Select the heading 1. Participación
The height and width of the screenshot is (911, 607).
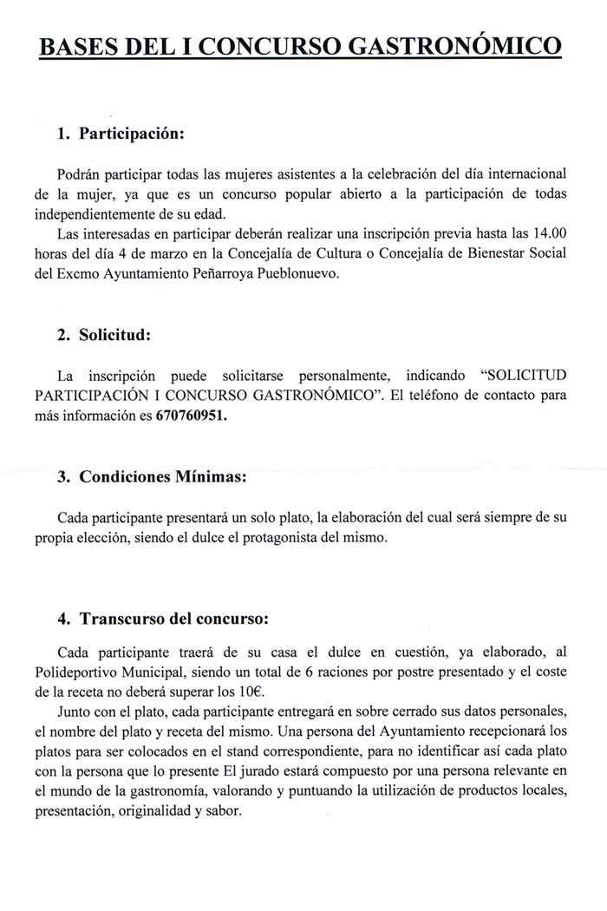tap(121, 134)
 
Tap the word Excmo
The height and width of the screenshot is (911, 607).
tap(75, 274)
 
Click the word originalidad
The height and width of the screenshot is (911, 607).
tap(152, 812)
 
